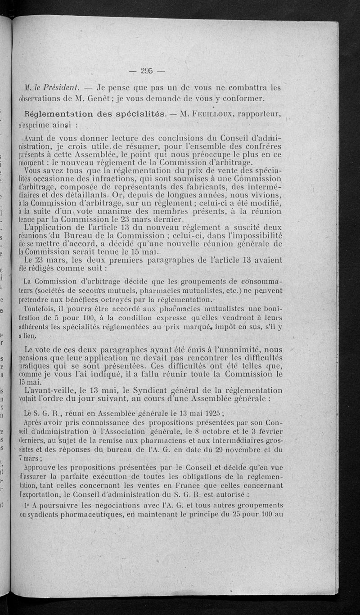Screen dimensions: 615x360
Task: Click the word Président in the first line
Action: pos(64,87)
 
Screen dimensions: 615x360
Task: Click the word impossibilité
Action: pos(257,235)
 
